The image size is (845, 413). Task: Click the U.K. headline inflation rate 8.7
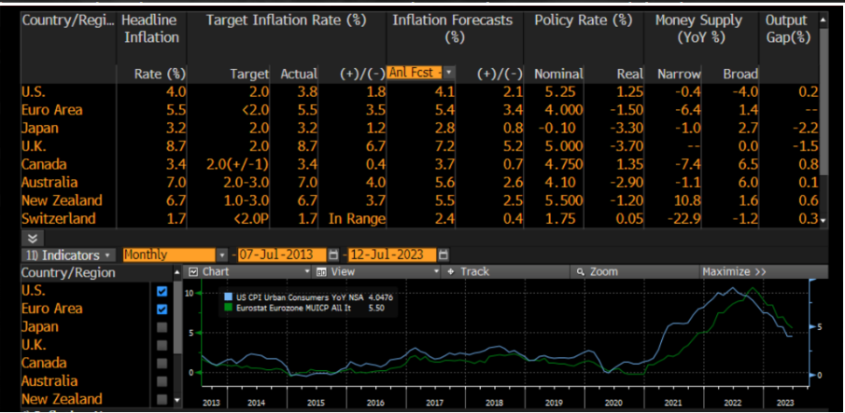[176, 145]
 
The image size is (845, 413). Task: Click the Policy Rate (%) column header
[577, 20]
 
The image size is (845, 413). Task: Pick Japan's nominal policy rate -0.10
[558, 128]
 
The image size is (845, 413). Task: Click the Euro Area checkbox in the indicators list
[162, 309]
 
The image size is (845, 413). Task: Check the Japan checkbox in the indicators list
[162, 327]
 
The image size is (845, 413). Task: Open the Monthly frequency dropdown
[176, 255]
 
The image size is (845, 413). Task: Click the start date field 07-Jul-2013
[281, 255]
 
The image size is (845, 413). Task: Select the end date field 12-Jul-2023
[391, 255]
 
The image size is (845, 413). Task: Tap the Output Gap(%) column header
[786, 27]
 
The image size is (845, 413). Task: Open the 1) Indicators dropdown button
[69, 255]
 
